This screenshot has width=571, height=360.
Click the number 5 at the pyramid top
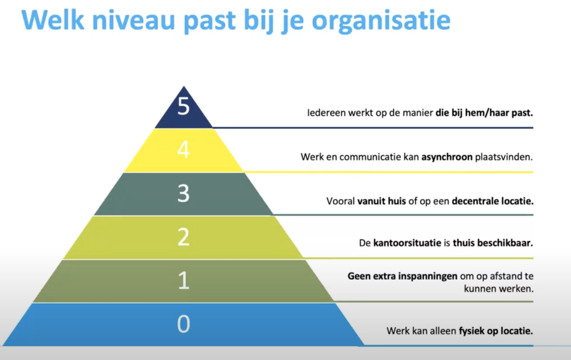click(183, 106)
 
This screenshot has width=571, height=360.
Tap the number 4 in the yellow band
click(183, 149)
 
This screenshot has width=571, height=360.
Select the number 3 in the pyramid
click(183, 193)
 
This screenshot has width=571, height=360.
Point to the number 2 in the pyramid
click(183, 237)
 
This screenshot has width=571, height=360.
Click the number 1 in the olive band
click(184, 280)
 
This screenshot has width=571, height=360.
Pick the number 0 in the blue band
click(183, 324)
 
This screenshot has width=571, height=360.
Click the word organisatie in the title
click(381, 21)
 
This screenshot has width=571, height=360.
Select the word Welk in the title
click(53, 20)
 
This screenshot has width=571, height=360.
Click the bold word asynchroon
click(447, 157)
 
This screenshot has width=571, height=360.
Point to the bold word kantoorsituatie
click(407, 243)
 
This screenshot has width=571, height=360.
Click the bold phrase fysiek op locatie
click(496, 331)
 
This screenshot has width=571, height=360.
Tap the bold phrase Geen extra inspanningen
click(403, 276)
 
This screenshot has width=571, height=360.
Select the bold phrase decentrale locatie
click(492, 201)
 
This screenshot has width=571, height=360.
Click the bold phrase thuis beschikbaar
click(493, 243)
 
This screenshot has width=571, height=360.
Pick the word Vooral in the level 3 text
click(341, 201)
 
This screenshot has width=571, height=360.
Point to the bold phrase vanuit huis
click(381, 201)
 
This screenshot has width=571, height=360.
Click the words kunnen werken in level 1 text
click(499, 289)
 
